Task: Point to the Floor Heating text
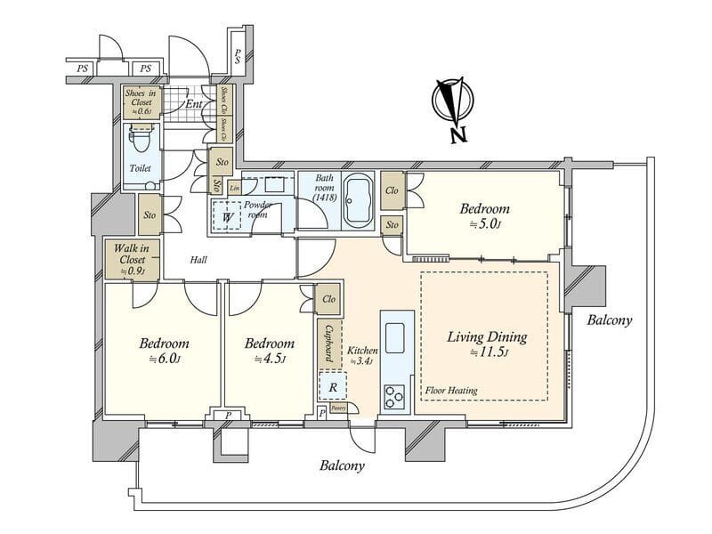452,390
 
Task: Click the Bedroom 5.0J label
484,215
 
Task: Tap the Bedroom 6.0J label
165,350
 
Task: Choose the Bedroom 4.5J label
269,350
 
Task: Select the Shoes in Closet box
141,103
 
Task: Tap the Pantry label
338,408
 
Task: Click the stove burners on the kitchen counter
394,396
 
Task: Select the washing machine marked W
228,216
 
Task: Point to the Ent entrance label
193,104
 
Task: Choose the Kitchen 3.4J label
362,354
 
